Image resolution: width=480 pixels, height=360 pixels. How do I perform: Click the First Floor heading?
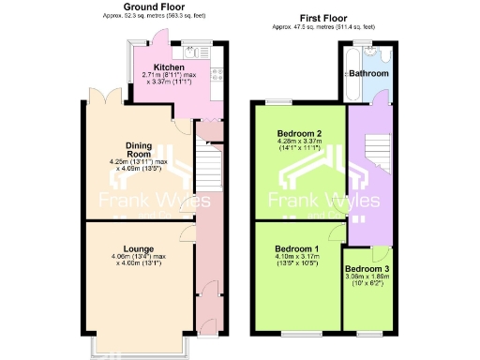coord(323,18)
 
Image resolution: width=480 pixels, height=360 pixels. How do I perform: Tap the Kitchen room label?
coord(170,67)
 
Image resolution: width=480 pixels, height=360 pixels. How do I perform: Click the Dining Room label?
coord(139,150)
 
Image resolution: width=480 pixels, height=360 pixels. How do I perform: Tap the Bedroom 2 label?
coord(299,134)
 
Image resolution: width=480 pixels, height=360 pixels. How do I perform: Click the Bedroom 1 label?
coord(297,247)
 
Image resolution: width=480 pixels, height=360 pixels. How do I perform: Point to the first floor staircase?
coord(374,150)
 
